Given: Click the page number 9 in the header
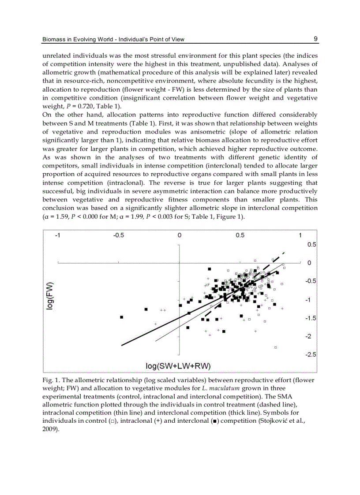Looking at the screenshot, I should pyautogui.click(x=316, y=39).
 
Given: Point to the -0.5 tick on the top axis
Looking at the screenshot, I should pyautogui.click(x=119, y=235).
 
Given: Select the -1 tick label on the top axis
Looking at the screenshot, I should pyautogui.click(x=57, y=235).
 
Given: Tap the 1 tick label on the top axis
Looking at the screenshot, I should pyautogui.click(x=300, y=235).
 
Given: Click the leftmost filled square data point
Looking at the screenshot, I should pyautogui.click(x=122, y=317).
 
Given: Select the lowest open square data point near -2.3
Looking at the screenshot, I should pyautogui.click(x=275, y=347).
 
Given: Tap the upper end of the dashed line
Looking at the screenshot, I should pyautogui.click(x=285, y=252).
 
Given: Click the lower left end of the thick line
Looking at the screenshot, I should pyautogui.click(x=122, y=345).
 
